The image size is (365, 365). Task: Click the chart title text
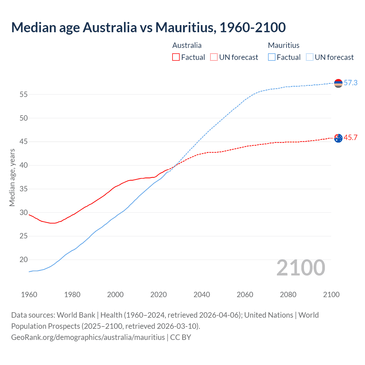coord(148,27)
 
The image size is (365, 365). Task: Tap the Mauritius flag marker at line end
coord(338,83)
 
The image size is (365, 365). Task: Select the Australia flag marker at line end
coord(338,138)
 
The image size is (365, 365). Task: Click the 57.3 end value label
coord(350,83)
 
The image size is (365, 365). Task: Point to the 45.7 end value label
coord(350,138)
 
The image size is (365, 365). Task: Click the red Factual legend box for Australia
coord(176,57)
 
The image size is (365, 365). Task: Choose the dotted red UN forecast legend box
coord(214,57)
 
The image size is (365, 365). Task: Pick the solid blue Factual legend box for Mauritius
coord(272,57)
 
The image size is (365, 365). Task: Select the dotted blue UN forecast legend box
coord(310,57)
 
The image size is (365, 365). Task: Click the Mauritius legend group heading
coord(283,45)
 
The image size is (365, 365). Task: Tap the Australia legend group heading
coord(187,45)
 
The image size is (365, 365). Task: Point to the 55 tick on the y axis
coord(24,94)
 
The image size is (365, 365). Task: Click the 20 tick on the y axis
coord(24,259)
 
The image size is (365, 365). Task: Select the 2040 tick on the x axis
coord(202,295)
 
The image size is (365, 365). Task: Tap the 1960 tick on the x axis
coord(29,295)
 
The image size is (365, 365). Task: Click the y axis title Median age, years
coord(12,177)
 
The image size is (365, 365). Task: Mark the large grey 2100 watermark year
coord(301,267)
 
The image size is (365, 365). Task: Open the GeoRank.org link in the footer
coord(88,337)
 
